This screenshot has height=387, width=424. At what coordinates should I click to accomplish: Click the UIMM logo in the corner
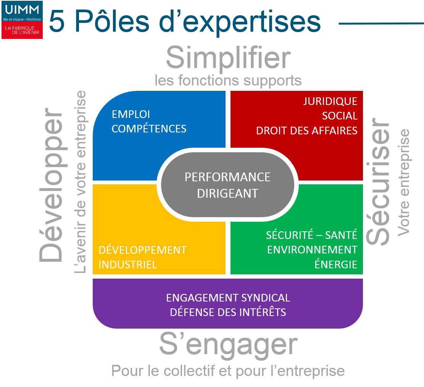22,20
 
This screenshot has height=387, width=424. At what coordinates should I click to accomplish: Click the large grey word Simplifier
228,58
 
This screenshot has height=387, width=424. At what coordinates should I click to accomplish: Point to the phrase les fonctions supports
228,81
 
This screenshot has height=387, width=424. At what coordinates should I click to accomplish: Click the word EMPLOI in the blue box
131,114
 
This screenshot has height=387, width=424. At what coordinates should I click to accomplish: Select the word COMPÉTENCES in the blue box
149,128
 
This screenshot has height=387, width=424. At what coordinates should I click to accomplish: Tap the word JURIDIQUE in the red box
330,101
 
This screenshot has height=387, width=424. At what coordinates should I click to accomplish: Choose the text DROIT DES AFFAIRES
306,131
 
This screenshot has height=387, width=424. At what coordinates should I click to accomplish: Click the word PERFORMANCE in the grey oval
227,177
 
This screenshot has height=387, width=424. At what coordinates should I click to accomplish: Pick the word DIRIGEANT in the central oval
227,193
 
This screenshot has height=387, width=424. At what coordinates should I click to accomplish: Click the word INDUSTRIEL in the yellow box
127,264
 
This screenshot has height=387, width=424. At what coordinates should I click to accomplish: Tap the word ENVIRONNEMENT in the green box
312,250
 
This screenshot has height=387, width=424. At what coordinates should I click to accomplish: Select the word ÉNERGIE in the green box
336,264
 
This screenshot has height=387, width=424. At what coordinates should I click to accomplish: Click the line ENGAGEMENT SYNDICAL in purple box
228,298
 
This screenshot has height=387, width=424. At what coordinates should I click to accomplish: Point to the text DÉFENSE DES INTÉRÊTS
228,312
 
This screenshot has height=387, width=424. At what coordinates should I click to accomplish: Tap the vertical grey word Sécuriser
378,181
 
